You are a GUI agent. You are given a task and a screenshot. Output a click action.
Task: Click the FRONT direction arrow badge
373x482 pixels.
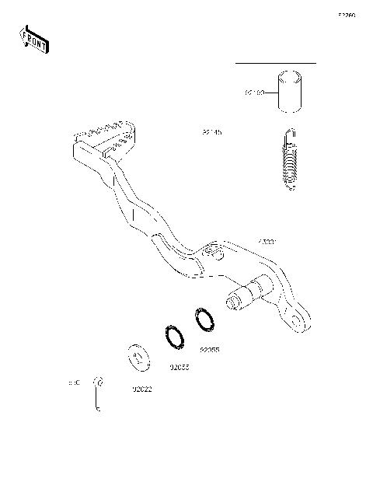[33, 38]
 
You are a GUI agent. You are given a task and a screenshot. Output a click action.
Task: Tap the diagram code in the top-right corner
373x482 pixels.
[346, 15]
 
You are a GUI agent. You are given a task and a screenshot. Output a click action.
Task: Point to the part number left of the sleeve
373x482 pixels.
[254, 93]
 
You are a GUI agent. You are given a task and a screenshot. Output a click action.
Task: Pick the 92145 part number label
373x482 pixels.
[212, 133]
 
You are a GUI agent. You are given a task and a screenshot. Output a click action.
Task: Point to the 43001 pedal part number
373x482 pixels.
[267, 243]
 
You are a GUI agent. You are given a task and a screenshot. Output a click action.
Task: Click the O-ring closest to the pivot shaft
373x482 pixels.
[204, 320]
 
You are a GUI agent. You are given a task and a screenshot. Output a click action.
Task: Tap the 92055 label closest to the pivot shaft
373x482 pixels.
[210, 350]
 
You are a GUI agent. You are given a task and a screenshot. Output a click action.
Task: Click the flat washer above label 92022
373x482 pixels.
[138, 359]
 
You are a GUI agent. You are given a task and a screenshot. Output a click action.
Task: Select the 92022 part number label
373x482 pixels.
[141, 388]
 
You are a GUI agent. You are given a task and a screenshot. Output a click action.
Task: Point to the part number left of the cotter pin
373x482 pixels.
[75, 383]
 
